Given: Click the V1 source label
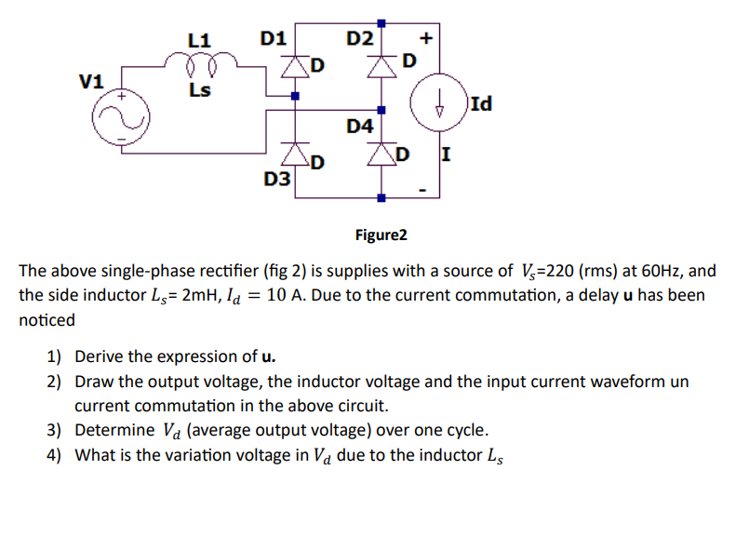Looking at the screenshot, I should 90,80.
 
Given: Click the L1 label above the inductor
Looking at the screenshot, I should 199,41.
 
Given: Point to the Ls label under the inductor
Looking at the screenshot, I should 199,90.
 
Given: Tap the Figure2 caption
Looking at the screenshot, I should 381,235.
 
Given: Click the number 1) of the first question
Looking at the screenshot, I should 54,356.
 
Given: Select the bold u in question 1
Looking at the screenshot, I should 268,356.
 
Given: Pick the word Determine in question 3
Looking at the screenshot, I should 114,430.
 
